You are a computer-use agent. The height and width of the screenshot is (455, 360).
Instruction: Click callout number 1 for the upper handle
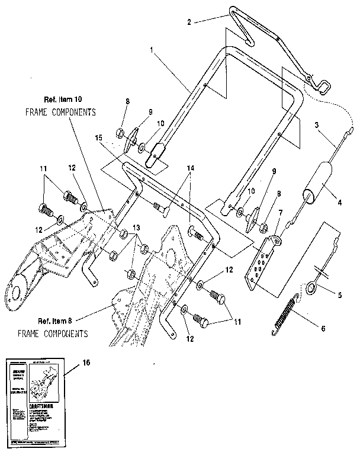tap(152, 51)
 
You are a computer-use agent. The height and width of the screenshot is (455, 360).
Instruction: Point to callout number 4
tap(340, 202)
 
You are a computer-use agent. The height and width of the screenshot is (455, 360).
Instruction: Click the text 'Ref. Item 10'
tap(62, 99)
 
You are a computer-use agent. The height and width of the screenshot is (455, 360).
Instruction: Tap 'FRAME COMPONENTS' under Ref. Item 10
tap(61, 111)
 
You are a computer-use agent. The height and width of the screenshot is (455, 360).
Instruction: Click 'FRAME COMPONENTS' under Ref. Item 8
tap(52, 334)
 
